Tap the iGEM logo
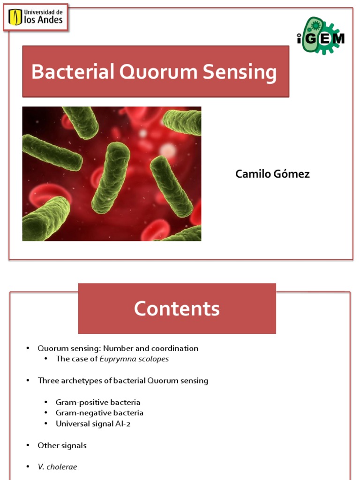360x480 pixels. [321, 36]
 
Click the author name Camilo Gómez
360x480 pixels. [272, 174]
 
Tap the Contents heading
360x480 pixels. [177, 309]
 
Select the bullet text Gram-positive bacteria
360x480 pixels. [98, 402]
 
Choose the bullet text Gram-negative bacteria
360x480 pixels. [99, 413]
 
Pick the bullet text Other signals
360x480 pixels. [62, 445]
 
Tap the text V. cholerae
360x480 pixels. [57, 467]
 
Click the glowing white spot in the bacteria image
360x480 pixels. [167, 150]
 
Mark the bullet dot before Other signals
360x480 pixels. [28, 445]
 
